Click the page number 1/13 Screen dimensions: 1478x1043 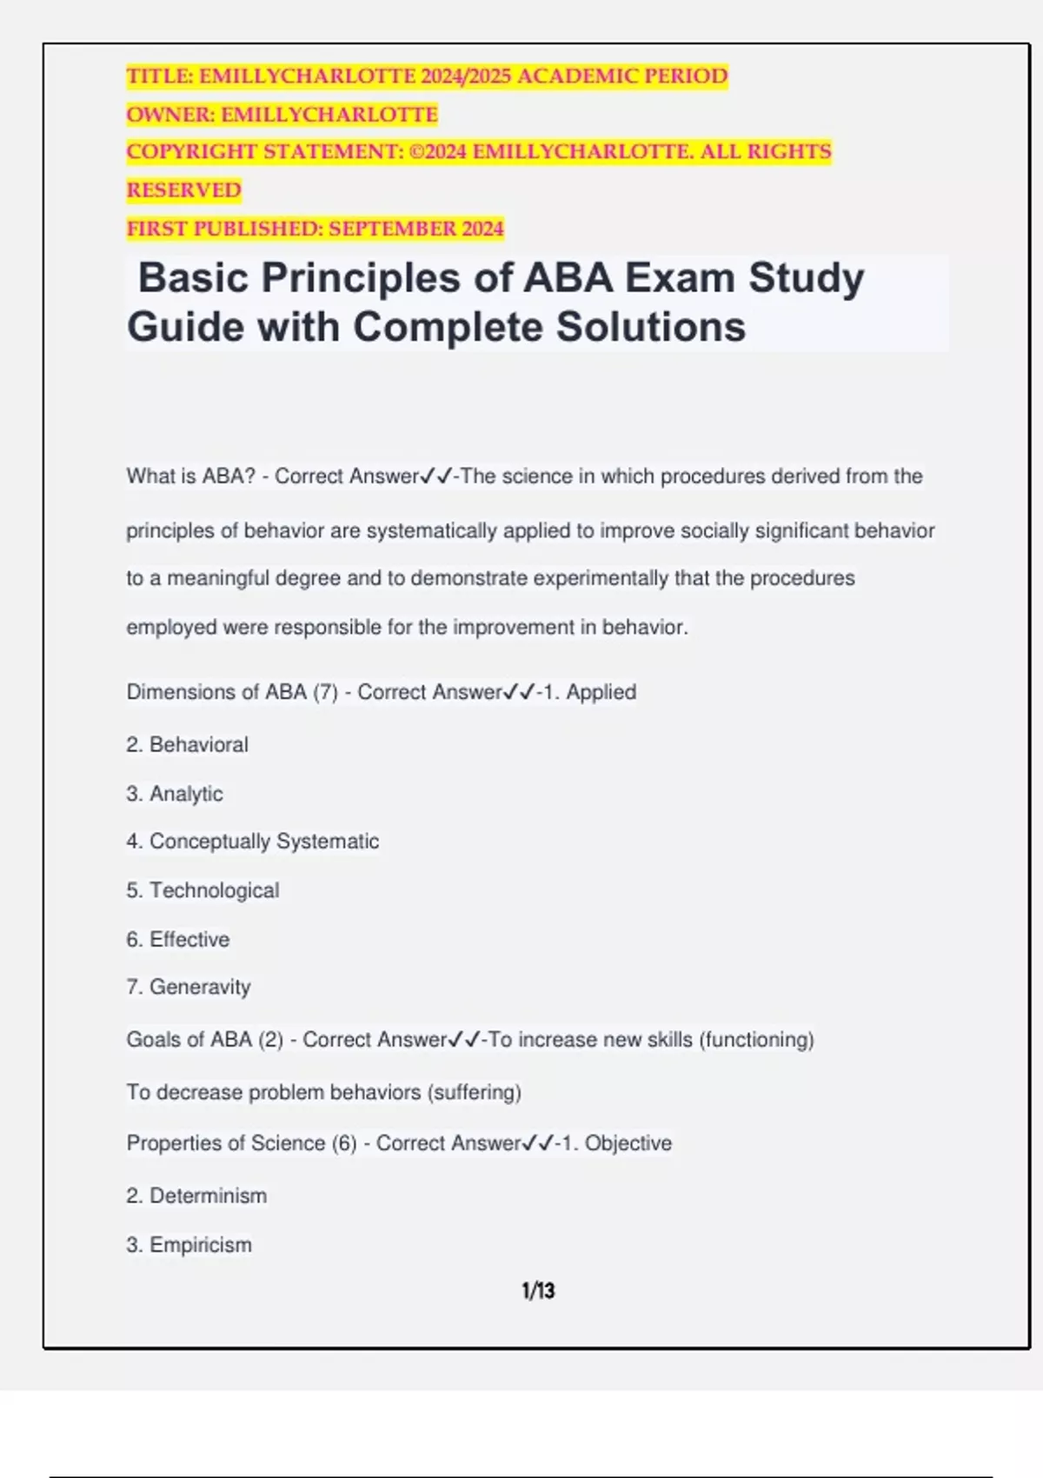(538, 1291)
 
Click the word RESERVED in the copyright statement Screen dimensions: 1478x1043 (184, 190)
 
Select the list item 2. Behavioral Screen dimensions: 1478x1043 (187, 745)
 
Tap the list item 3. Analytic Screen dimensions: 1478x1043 (174, 794)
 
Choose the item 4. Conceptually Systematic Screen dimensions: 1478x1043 (252, 842)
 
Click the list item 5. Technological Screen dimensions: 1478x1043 (203, 890)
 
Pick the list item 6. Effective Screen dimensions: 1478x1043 (178, 940)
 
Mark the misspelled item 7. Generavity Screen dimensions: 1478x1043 (189, 988)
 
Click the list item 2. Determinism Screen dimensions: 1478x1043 (196, 1196)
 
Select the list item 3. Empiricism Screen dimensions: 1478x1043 (189, 1245)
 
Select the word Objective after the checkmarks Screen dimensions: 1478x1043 (628, 1143)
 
